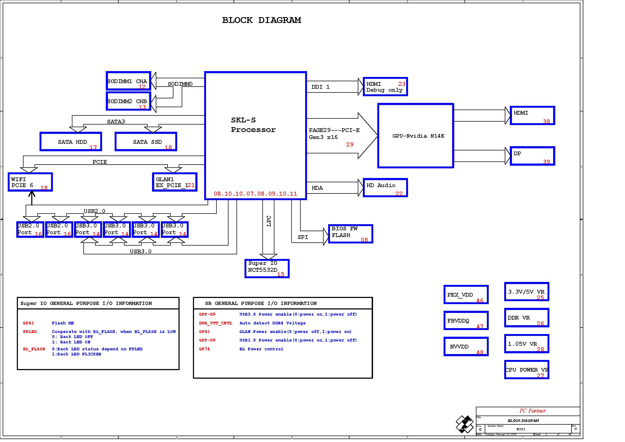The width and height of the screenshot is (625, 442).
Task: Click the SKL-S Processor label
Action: [x=253, y=125]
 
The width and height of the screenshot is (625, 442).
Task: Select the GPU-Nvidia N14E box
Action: [x=416, y=136]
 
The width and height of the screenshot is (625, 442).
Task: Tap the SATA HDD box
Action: [x=71, y=142]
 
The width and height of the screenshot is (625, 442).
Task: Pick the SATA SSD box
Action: [x=146, y=142]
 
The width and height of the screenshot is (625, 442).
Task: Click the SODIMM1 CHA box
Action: [x=129, y=81]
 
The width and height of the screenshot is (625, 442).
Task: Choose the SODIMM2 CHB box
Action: [x=129, y=101]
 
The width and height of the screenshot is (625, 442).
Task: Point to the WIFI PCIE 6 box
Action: [x=30, y=182]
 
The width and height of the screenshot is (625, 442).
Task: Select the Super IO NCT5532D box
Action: [x=267, y=269]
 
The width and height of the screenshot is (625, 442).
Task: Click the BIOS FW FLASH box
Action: [x=351, y=234]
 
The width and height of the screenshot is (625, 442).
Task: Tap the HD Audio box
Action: [x=385, y=188]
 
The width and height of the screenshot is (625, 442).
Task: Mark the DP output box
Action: [x=532, y=156]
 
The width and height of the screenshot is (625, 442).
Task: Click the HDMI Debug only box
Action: [x=385, y=87]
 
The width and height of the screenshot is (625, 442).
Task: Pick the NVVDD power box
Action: [x=466, y=347]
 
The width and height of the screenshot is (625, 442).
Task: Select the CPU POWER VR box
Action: [x=526, y=370]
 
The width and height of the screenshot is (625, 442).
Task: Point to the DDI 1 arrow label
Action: [x=320, y=87]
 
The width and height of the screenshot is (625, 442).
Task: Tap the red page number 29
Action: [x=350, y=145]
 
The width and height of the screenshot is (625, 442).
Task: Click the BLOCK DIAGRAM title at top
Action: [x=261, y=20]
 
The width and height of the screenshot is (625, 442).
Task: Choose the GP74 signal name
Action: [x=204, y=349]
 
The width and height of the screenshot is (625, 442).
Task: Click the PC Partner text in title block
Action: [x=532, y=411]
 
